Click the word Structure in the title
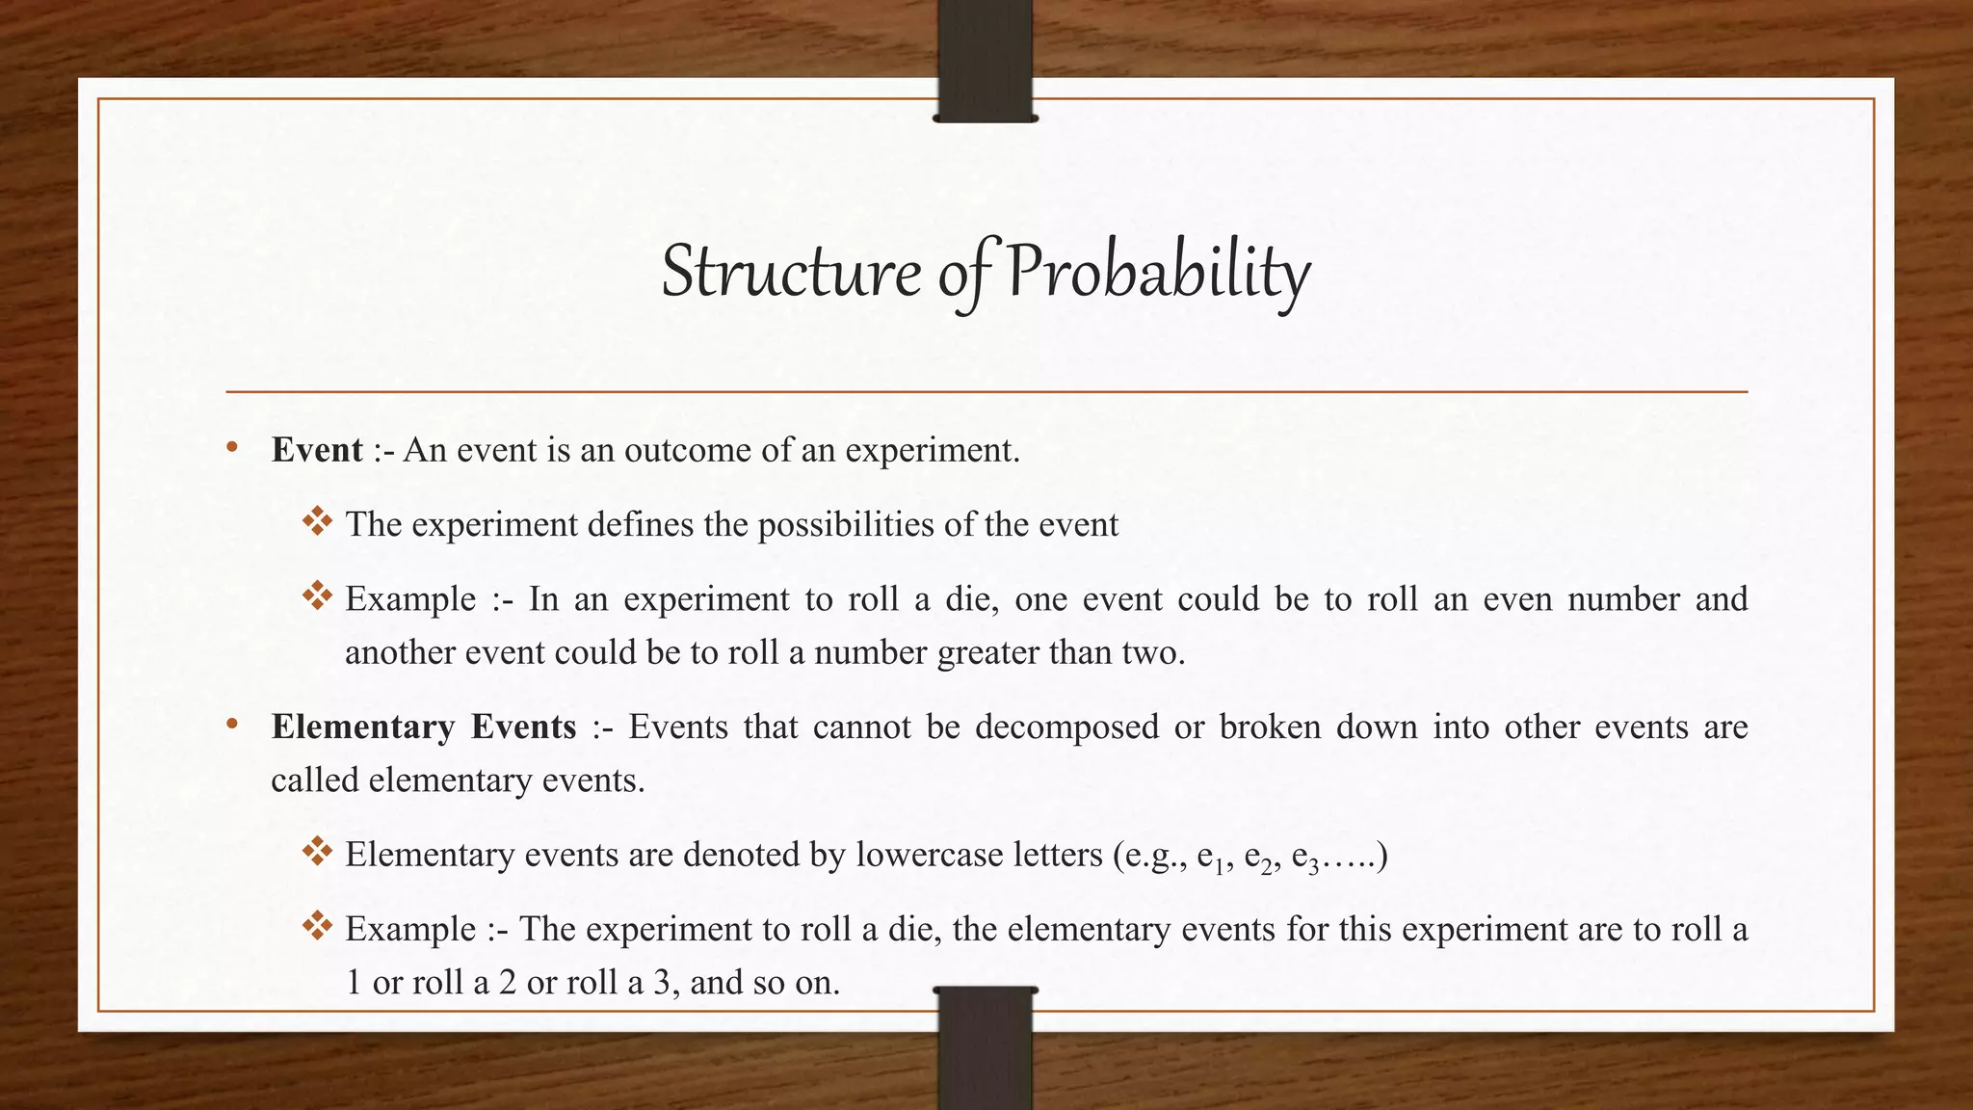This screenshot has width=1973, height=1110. click(x=790, y=273)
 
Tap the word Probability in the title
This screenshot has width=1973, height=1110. click(x=1158, y=273)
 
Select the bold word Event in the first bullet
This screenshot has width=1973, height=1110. click(x=317, y=450)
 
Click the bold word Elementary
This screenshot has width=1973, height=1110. click(x=362, y=727)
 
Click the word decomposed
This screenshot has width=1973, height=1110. click(x=1066, y=727)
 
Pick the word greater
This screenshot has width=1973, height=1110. click(x=988, y=653)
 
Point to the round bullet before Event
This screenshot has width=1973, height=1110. click(x=232, y=448)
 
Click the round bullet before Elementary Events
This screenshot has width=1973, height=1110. click(x=232, y=725)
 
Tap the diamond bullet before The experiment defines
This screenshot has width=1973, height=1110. click(x=317, y=522)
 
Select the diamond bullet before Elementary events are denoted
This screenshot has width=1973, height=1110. click(x=317, y=852)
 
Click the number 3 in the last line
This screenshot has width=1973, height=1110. click(x=661, y=983)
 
